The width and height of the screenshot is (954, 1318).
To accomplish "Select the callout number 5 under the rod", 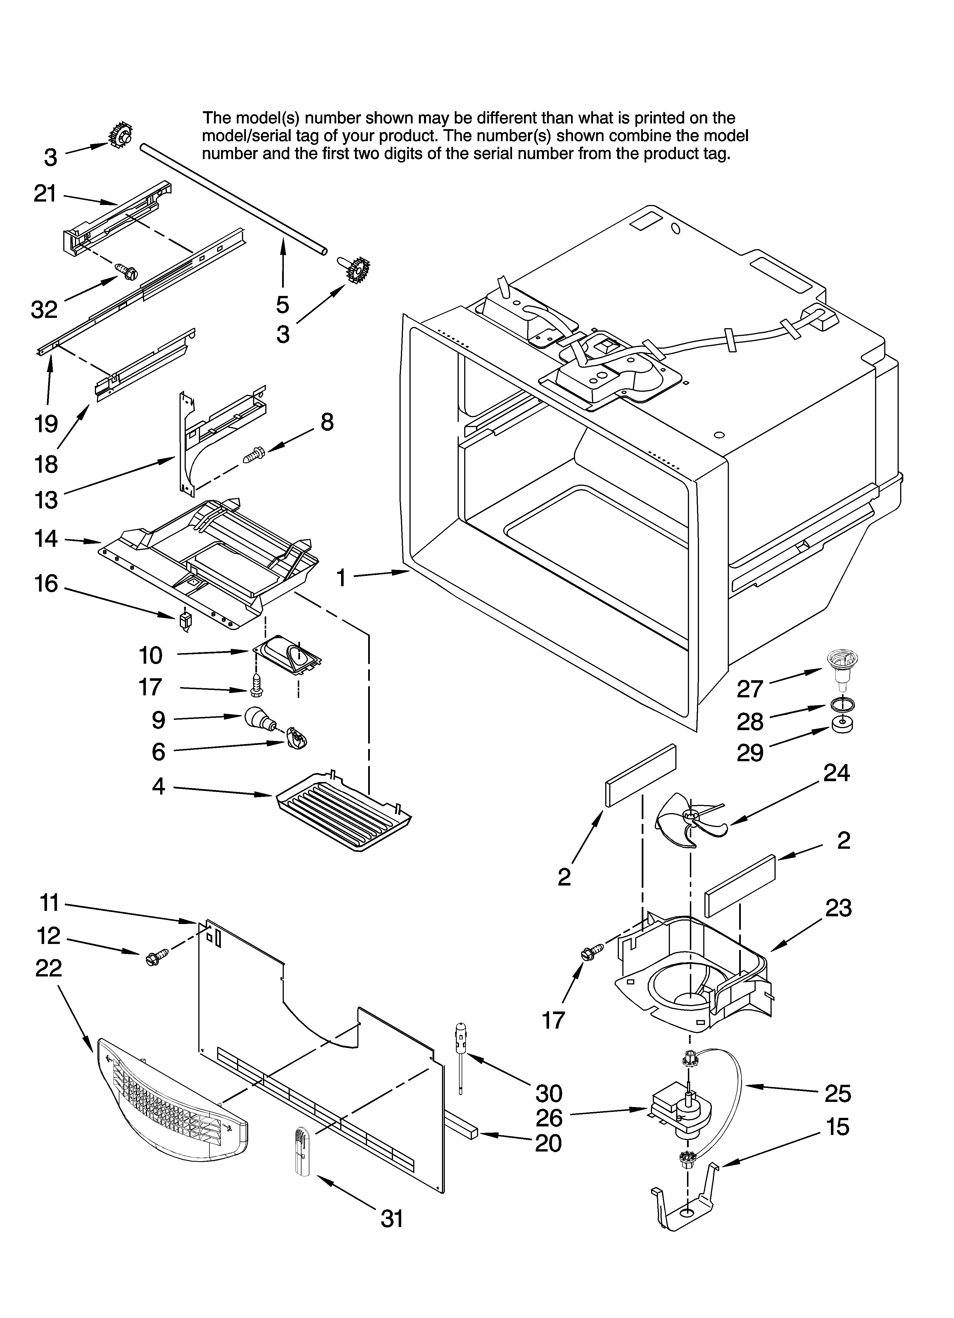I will point(282,304).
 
